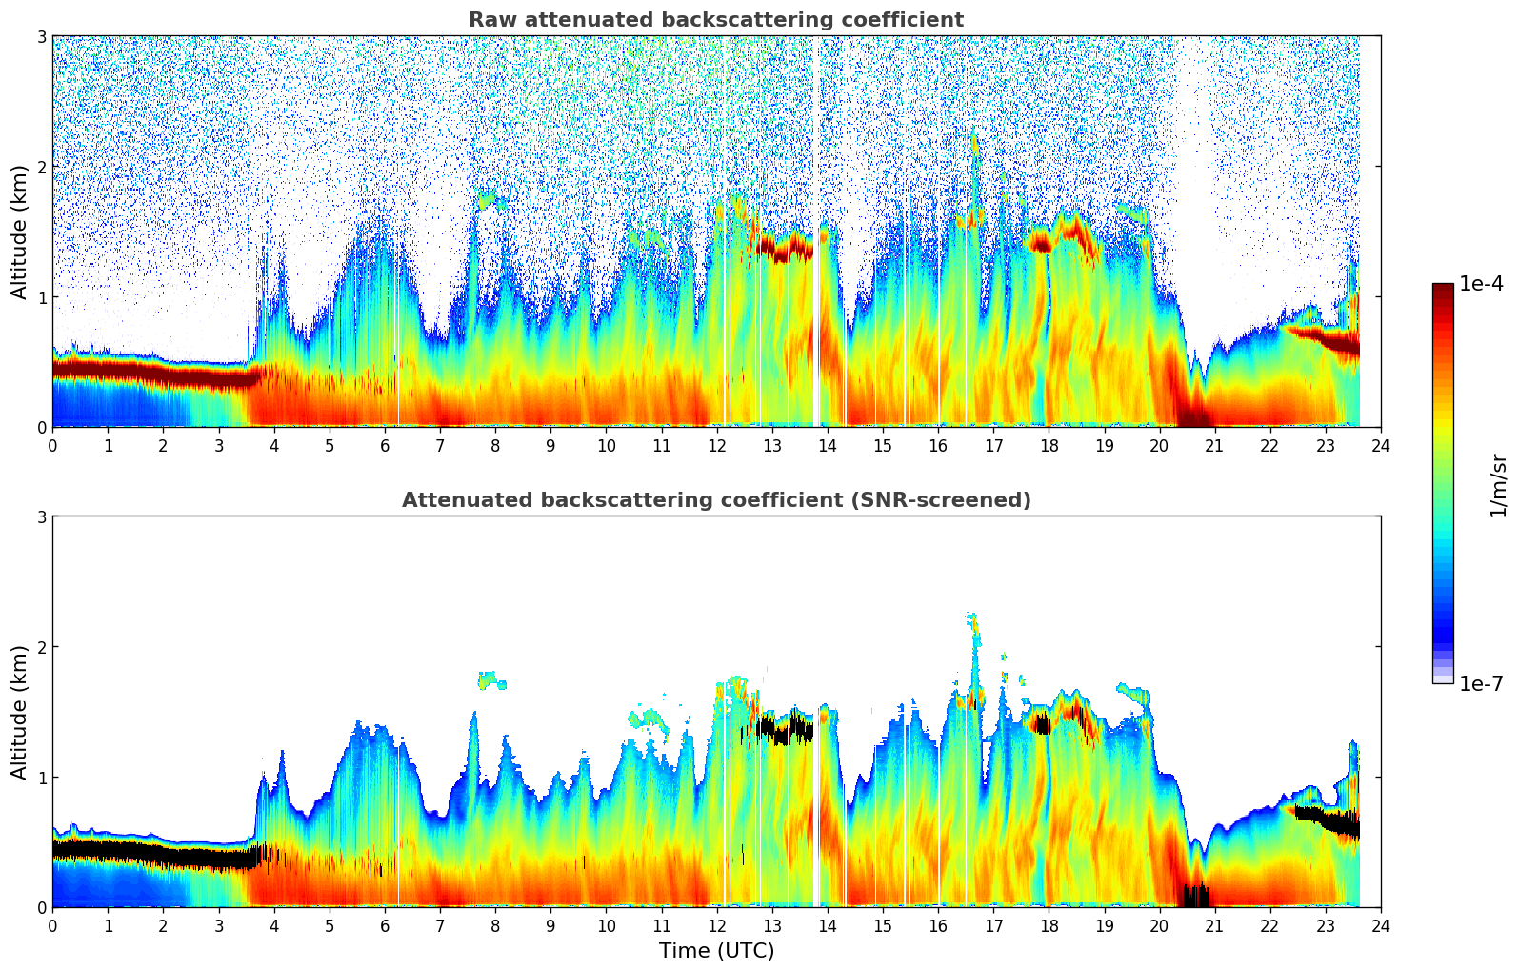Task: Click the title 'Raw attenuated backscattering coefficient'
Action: (x=715, y=20)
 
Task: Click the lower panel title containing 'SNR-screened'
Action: (x=715, y=500)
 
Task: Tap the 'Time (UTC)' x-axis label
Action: (x=716, y=951)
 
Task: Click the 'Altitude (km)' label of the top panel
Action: (x=19, y=232)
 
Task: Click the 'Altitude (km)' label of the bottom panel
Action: (x=19, y=712)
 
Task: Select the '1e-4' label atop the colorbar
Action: (x=1481, y=284)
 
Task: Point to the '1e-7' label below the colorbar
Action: (x=1481, y=683)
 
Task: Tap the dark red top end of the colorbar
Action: (x=1443, y=288)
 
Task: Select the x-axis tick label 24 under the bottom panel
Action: (x=1381, y=926)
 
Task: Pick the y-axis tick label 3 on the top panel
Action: (x=41, y=36)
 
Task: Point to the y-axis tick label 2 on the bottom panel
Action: (x=41, y=647)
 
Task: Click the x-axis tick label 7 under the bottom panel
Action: (x=440, y=926)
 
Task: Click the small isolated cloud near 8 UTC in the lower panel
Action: (x=491, y=680)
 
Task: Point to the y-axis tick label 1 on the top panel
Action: (x=41, y=297)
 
